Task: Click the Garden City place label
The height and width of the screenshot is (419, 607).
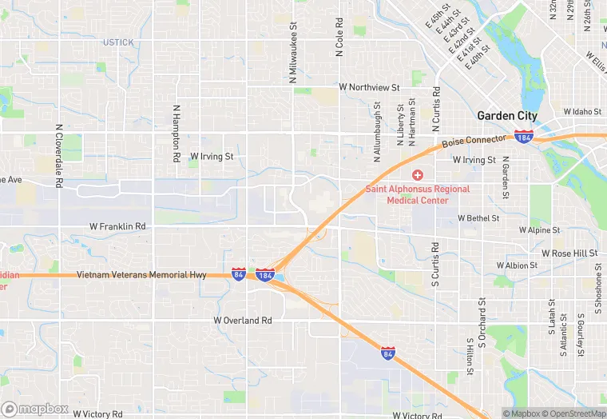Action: (x=507, y=115)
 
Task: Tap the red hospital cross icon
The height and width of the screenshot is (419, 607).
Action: (x=416, y=175)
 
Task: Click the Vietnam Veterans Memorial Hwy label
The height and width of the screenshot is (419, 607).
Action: (x=141, y=275)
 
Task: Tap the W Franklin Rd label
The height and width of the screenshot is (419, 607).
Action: (x=117, y=227)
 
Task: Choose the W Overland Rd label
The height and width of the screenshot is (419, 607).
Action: (x=243, y=320)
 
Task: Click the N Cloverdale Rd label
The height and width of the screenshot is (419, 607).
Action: (x=59, y=155)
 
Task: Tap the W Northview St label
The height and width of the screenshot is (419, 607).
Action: (x=369, y=86)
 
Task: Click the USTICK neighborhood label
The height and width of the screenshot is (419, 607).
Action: (x=118, y=42)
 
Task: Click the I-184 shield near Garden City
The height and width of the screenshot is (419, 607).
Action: (x=525, y=136)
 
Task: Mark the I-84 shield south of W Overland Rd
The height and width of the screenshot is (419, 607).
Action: (x=387, y=353)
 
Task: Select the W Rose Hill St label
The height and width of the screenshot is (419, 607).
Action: (x=569, y=253)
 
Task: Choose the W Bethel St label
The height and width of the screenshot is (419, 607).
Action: (x=478, y=217)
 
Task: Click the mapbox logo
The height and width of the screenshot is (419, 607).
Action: (x=35, y=409)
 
